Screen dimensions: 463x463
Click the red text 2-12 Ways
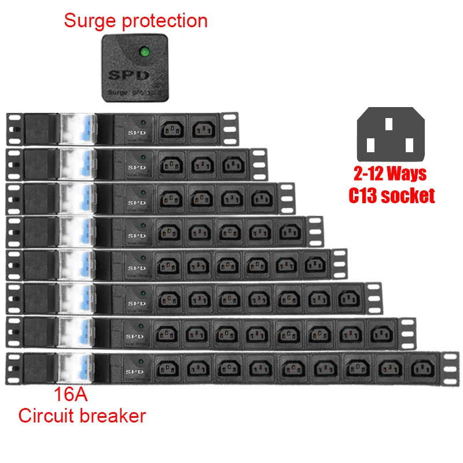pos(391,174)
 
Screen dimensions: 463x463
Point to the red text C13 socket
pos(391,196)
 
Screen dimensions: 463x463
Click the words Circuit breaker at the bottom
pos(82,416)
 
